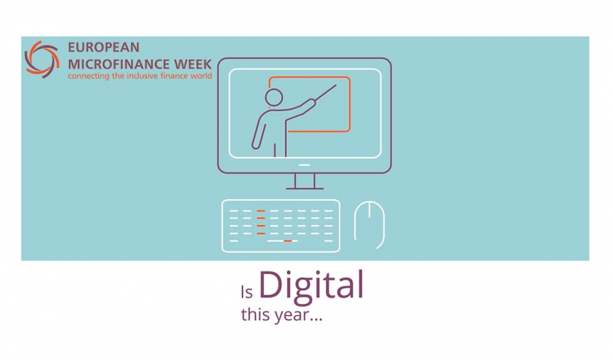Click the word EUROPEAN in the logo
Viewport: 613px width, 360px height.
pos(104,48)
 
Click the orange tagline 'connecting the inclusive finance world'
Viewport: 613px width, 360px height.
pos(140,76)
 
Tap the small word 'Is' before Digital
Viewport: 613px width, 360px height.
pos(247,292)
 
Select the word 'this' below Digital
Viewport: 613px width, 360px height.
pos(255,314)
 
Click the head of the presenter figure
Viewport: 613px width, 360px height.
pos(274,97)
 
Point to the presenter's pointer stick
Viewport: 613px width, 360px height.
pos(325,93)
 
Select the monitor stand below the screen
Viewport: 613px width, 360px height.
pos(305,181)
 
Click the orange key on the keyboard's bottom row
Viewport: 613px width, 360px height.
pos(288,241)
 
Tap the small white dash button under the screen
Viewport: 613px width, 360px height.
pos(305,165)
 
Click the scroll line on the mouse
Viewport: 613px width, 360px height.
pos(370,210)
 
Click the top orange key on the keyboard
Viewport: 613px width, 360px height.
pos(261,211)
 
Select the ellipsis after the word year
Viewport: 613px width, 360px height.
pos(316,320)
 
